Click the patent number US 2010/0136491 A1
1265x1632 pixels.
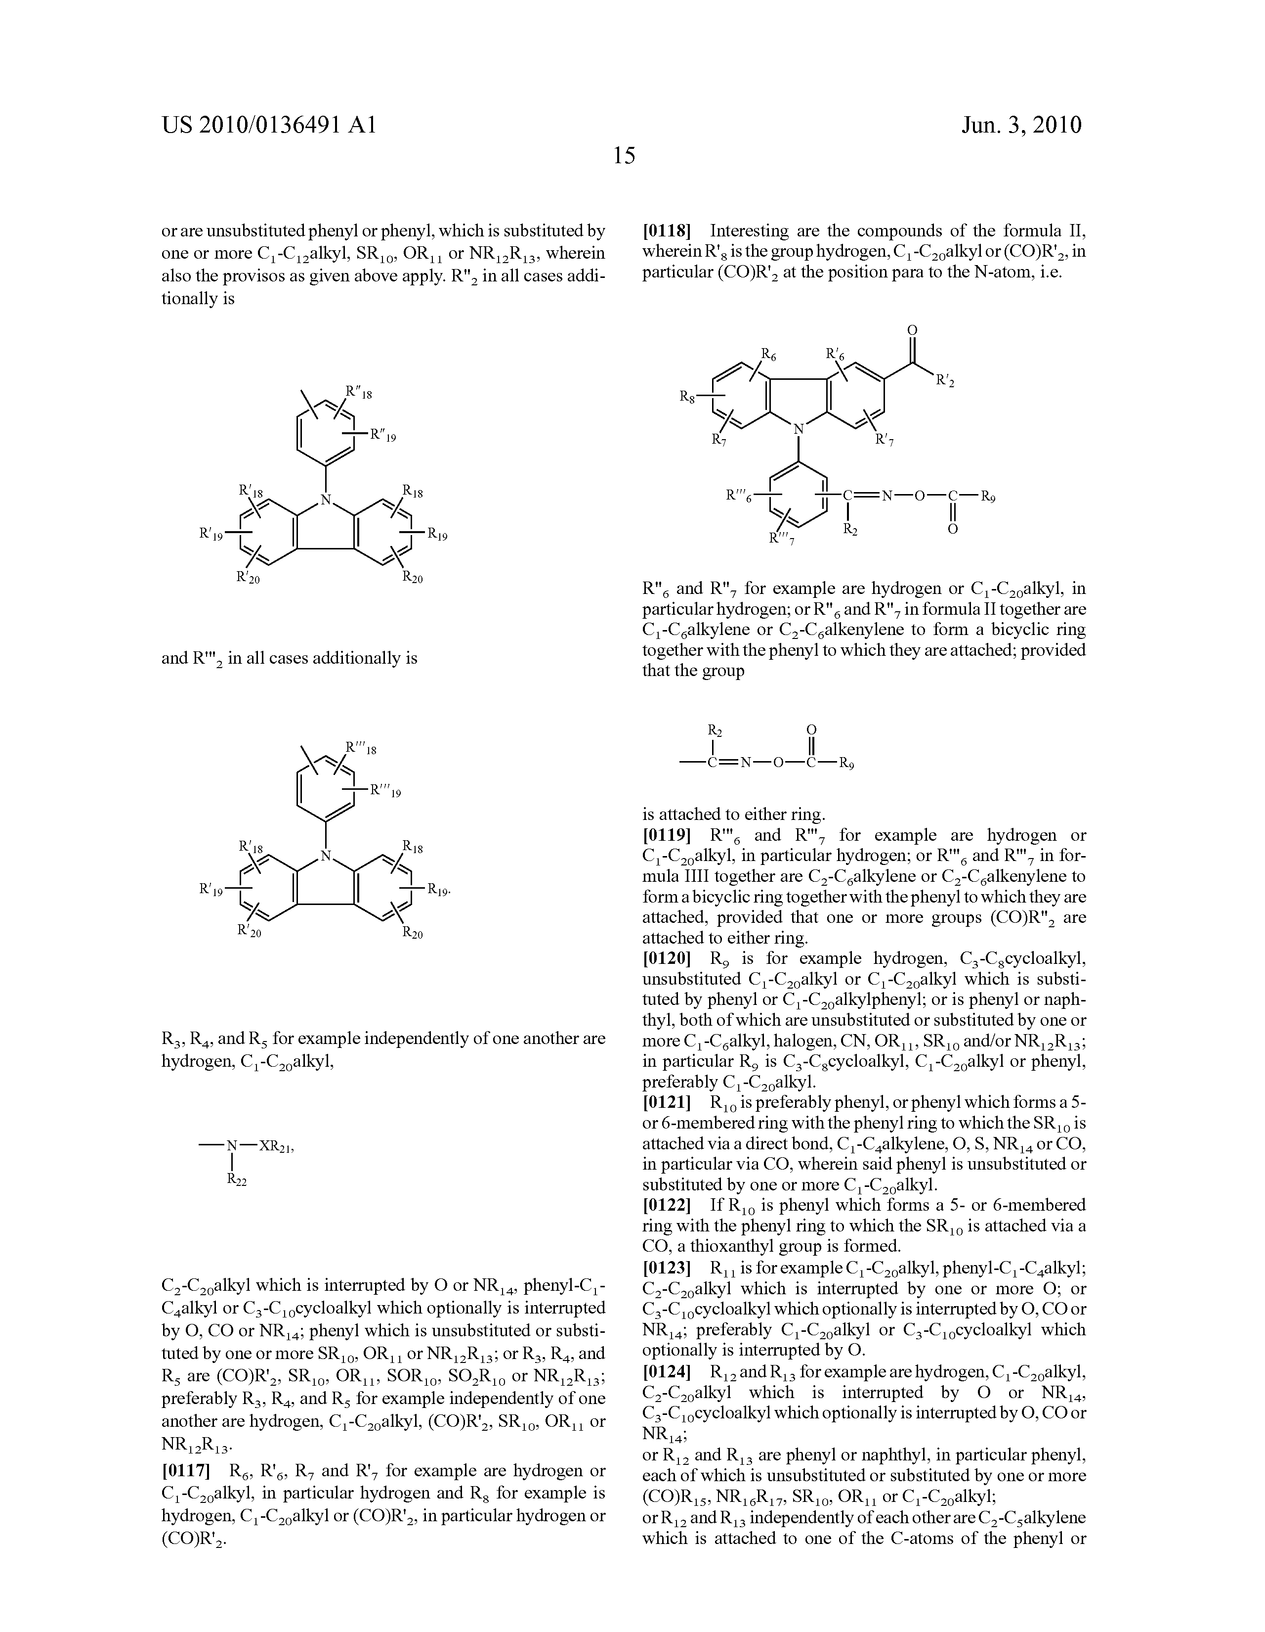pos(268,125)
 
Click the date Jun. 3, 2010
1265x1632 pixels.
pos(1021,125)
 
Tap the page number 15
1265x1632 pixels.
pos(624,155)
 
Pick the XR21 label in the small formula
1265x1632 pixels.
pos(274,1146)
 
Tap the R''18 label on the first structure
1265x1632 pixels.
pos(358,392)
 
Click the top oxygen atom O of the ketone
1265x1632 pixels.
pos(911,329)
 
